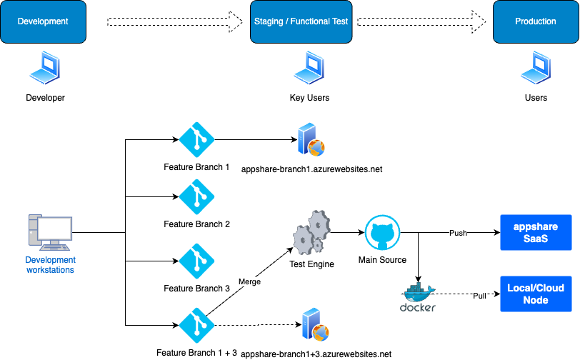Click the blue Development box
pyautogui.click(x=43, y=21)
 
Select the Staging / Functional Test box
pyautogui.click(x=301, y=21)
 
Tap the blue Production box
pyautogui.click(x=535, y=21)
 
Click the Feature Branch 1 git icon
pyautogui.click(x=196, y=140)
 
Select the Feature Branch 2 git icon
pyautogui.click(x=196, y=197)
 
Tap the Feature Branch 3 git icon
pyautogui.click(x=196, y=261)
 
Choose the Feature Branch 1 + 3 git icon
pyautogui.click(x=196, y=326)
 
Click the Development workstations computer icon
pyautogui.click(x=50, y=232)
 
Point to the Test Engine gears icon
pyautogui.click(x=311, y=232)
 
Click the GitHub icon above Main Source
pyautogui.click(x=382, y=233)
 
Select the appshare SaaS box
pyautogui.click(x=535, y=233)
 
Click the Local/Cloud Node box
pyautogui.click(x=535, y=294)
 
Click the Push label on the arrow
pyautogui.click(x=458, y=234)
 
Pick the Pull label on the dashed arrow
pyautogui.click(x=479, y=295)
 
